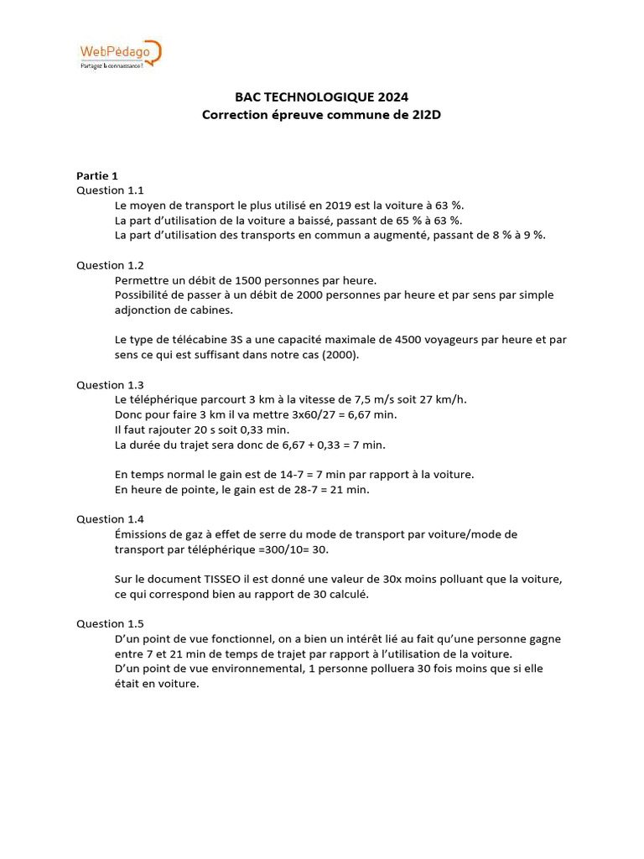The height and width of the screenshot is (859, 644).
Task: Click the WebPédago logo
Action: tap(118, 55)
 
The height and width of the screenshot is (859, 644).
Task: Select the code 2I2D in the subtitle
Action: tap(424, 115)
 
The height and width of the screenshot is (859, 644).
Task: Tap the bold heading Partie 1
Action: tap(97, 175)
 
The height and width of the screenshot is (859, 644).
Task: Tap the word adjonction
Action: tap(143, 310)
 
